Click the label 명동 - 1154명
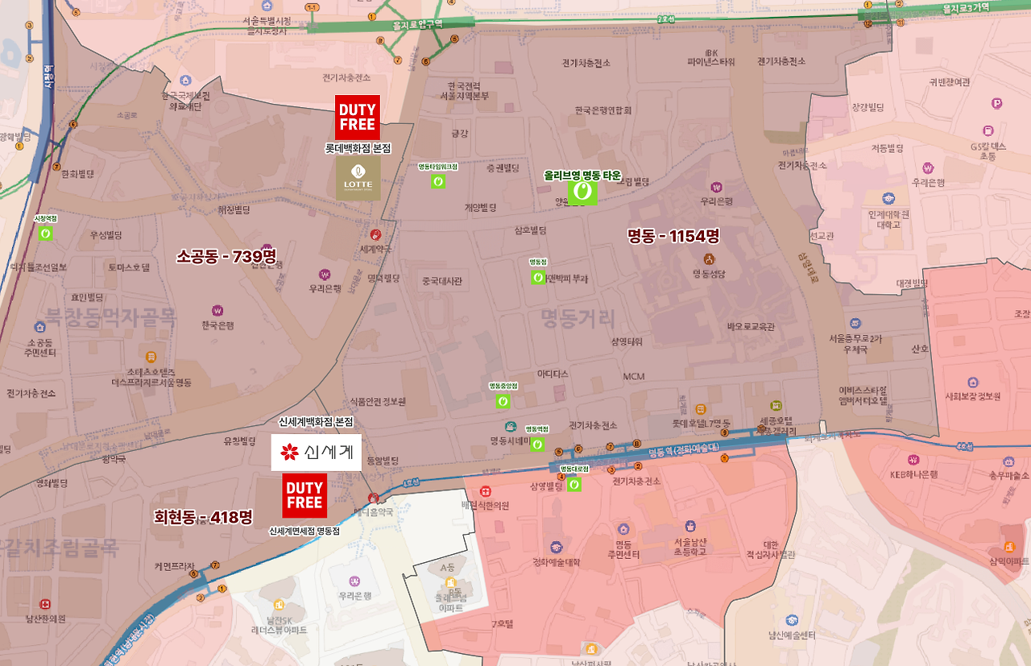[673, 236]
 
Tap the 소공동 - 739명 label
[226, 256]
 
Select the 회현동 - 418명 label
[203, 517]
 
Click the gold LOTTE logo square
[358, 178]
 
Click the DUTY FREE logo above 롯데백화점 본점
[358, 118]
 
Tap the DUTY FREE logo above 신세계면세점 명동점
[304, 495]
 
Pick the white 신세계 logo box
[316, 452]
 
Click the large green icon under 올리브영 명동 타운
[582, 192]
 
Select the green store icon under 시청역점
[46, 234]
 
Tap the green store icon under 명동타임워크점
[438, 181]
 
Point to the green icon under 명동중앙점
[503, 400]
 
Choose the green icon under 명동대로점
[573, 484]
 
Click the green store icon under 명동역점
[537, 444]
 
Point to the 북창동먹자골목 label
[110, 316]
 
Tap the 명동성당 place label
[709, 273]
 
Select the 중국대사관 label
[442, 281]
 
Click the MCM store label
[634, 376]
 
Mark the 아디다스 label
[553, 374]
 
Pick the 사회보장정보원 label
[973, 397]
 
